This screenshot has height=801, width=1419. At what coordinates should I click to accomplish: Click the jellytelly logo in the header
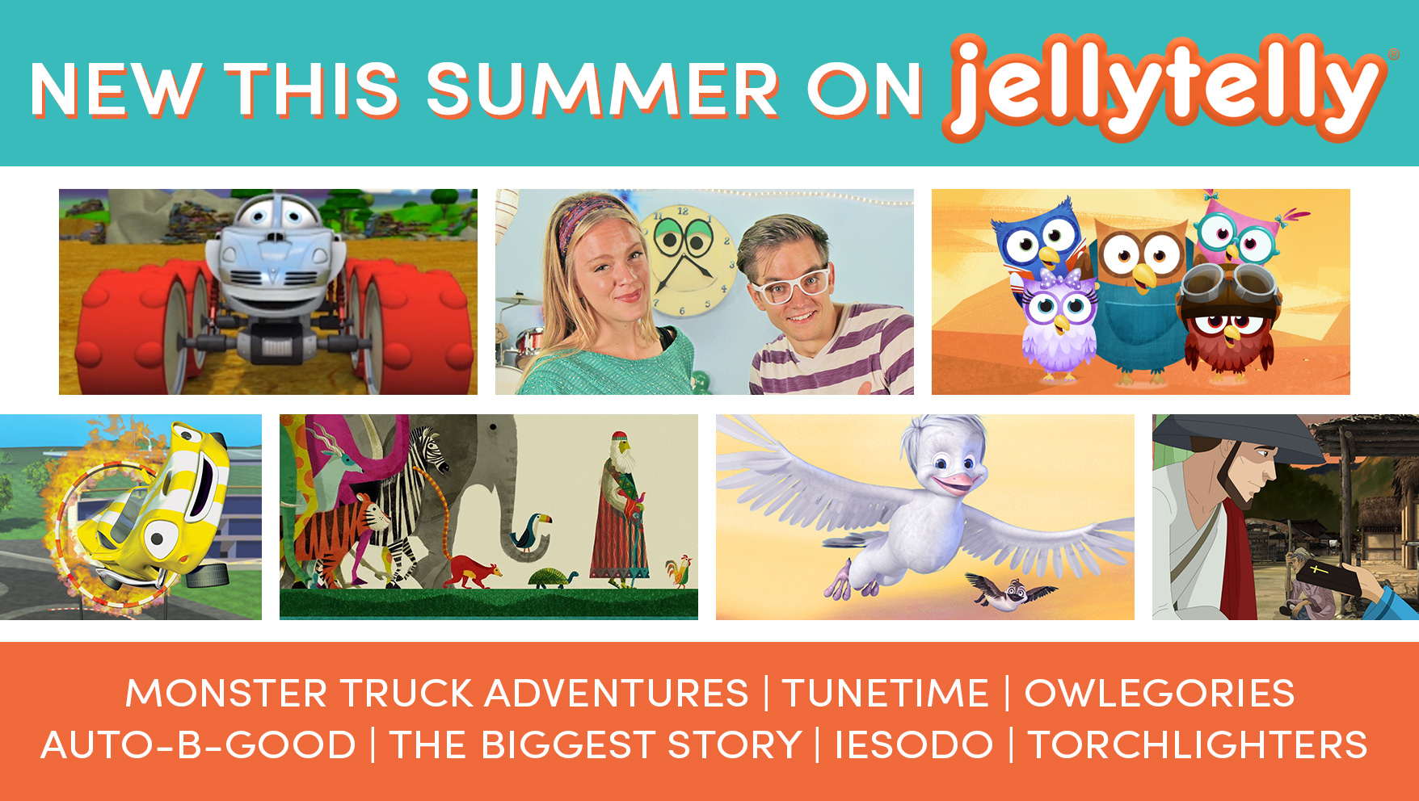[x=1164, y=87]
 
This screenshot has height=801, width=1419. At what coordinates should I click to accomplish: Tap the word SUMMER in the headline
[x=603, y=90]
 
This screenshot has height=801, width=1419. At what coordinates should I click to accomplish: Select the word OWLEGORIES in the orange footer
[x=1160, y=694]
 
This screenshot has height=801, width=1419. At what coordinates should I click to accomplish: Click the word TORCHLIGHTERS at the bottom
[x=1197, y=744]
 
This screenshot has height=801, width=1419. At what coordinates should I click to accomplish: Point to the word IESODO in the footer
[x=914, y=744]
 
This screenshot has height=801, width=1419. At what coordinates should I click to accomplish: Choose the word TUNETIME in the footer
[x=886, y=694]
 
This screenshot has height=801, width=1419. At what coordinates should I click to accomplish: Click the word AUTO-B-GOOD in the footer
[x=199, y=744]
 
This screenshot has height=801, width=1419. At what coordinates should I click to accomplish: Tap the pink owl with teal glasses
[x=1236, y=230]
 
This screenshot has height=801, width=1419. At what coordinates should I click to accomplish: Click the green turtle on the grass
[x=553, y=578]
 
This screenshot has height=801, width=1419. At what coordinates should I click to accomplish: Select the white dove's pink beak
[x=956, y=484]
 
